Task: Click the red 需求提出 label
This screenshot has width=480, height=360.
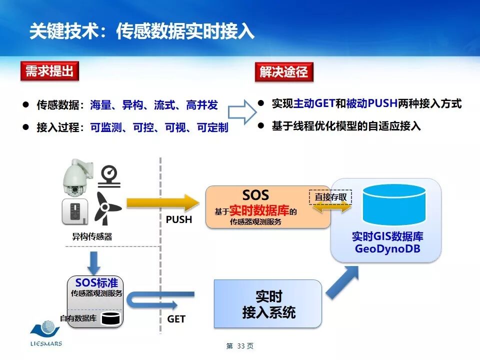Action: (49, 71)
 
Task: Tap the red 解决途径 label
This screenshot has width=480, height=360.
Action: (283, 72)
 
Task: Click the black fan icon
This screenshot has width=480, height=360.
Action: (105, 207)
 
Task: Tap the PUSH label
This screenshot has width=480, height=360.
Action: (178, 219)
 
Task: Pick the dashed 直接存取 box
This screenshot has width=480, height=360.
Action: (330, 197)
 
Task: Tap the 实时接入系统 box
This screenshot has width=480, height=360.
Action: (268, 304)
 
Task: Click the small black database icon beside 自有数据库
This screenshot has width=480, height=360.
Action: (108, 317)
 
